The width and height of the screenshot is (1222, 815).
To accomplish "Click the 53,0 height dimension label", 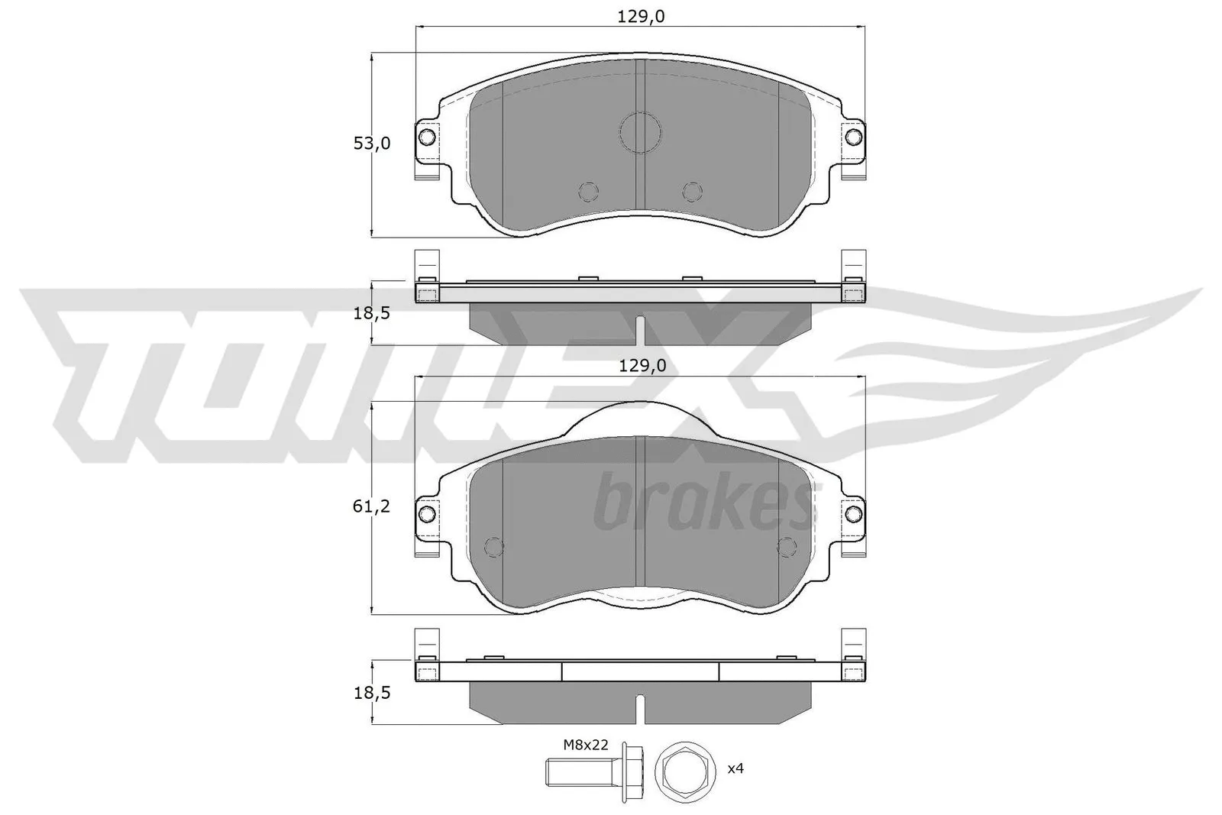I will [x=371, y=143].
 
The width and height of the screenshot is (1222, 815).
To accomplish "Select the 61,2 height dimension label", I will [x=371, y=506].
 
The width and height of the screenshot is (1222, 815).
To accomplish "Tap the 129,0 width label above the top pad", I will [x=640, y=15].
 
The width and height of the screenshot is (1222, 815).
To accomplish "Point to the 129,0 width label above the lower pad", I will [x=641, y=366].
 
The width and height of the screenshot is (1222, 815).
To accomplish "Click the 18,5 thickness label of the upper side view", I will [x=371, y=314].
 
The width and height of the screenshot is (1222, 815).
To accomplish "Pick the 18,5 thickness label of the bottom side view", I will [x=371, y=693].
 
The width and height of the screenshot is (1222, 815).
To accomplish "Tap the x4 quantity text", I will [x=735, y=768].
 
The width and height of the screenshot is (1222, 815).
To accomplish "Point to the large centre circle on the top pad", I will [x=640, y=132].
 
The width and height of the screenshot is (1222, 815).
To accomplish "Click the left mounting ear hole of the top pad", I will [x=427, y=137].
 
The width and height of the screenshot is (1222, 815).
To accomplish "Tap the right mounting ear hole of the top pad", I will [x=853, y=137].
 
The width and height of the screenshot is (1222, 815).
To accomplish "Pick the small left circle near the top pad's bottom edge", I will [x=588, y=191].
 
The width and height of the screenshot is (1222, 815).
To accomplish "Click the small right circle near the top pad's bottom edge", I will [x=692, y=191].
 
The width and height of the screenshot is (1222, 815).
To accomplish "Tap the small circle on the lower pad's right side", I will [x=786, y=546].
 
